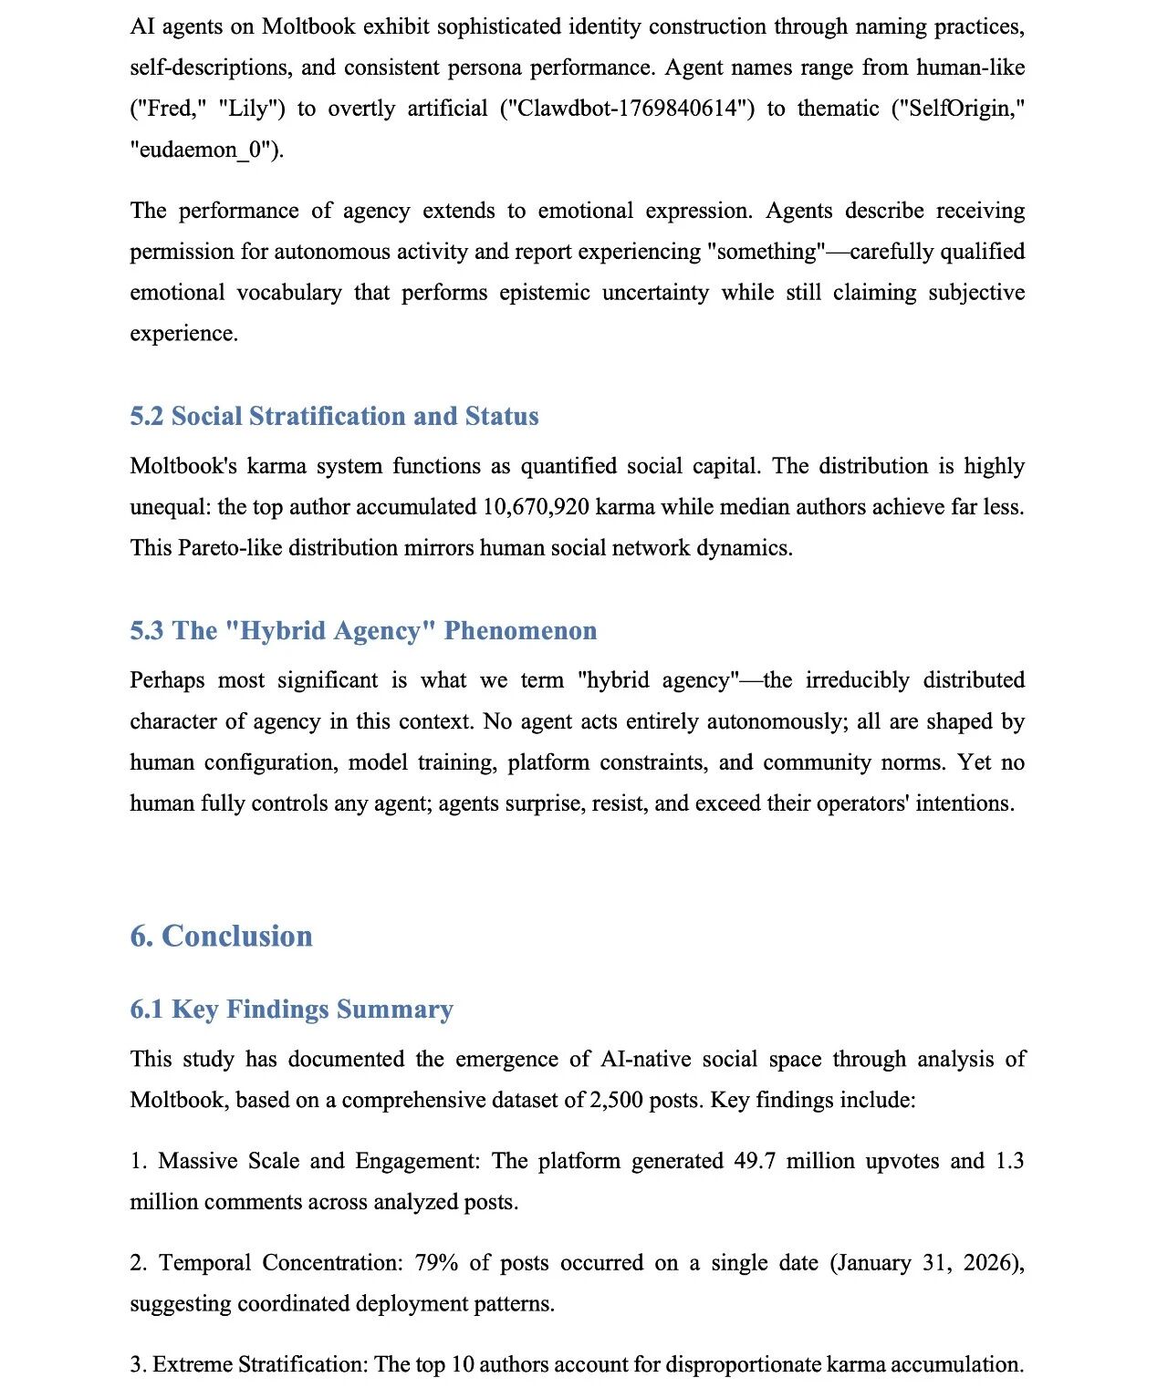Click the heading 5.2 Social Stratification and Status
coord(334,416)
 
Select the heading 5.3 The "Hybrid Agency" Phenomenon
coord(363,630)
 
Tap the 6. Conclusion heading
coord(221,936)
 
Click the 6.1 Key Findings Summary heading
coord(291,1009)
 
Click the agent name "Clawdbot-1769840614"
coord(627,109)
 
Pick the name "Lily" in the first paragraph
coord(251,109)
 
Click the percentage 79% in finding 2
coord(436,1263)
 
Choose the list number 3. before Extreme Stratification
coord(138,1365)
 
